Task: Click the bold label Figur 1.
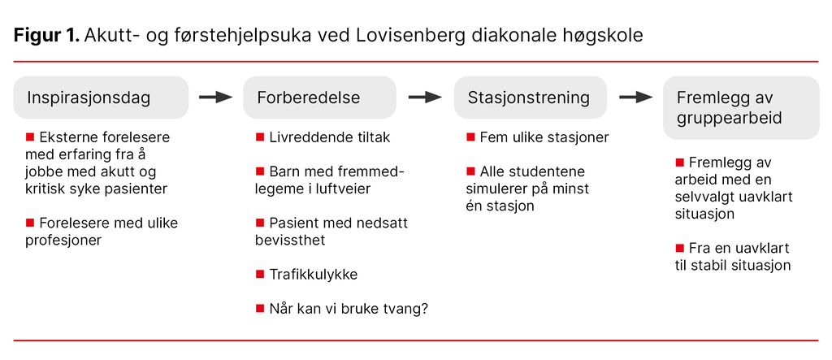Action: point(45,36)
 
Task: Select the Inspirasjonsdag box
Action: point(101,98)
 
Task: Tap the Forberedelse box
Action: point(319,98)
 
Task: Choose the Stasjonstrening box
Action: point(530,98)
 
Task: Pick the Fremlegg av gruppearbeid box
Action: point(740,107)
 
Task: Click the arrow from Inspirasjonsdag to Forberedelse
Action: point(215,98)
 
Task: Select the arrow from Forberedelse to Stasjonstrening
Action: point(425,98)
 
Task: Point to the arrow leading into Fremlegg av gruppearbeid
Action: point(635,98)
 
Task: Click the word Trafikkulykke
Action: point(314,275)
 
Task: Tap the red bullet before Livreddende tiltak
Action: point(260,137)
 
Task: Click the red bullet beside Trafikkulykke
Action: point(260,274)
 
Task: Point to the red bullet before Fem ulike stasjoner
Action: point(470,137)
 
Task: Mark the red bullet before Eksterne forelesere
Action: point(31,137)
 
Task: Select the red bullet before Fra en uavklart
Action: point(679,247)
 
